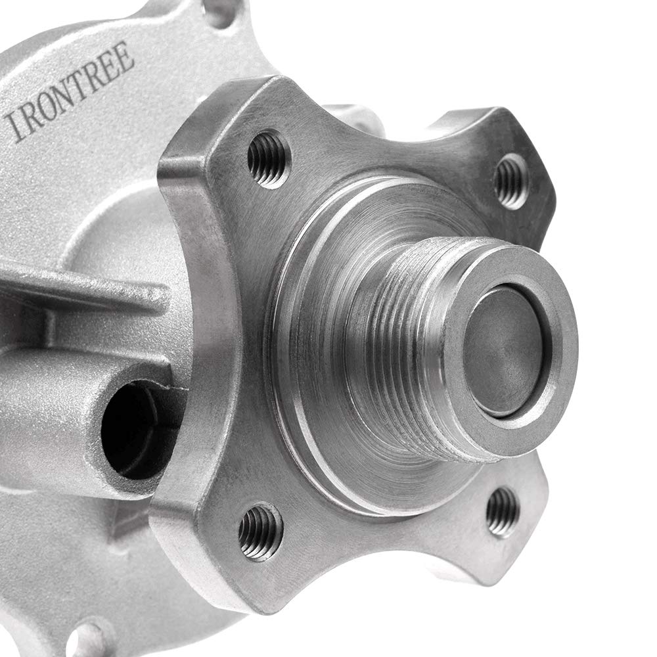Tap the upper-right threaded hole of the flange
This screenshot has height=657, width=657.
510,182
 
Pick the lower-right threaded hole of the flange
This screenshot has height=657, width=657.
503,512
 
